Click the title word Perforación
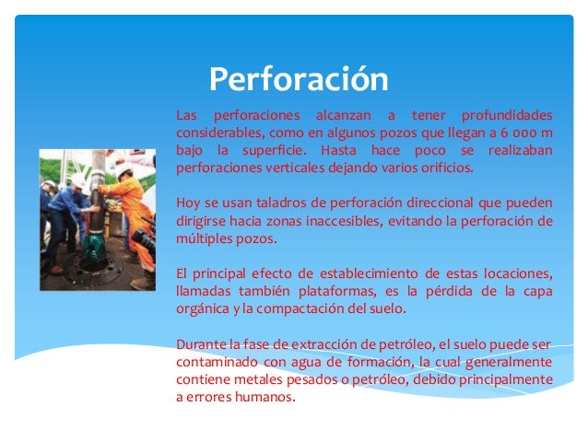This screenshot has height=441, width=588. (298, 80)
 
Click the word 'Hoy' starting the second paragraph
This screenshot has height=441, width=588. (187, 203)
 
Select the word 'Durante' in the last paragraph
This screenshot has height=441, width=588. (200, 343)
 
